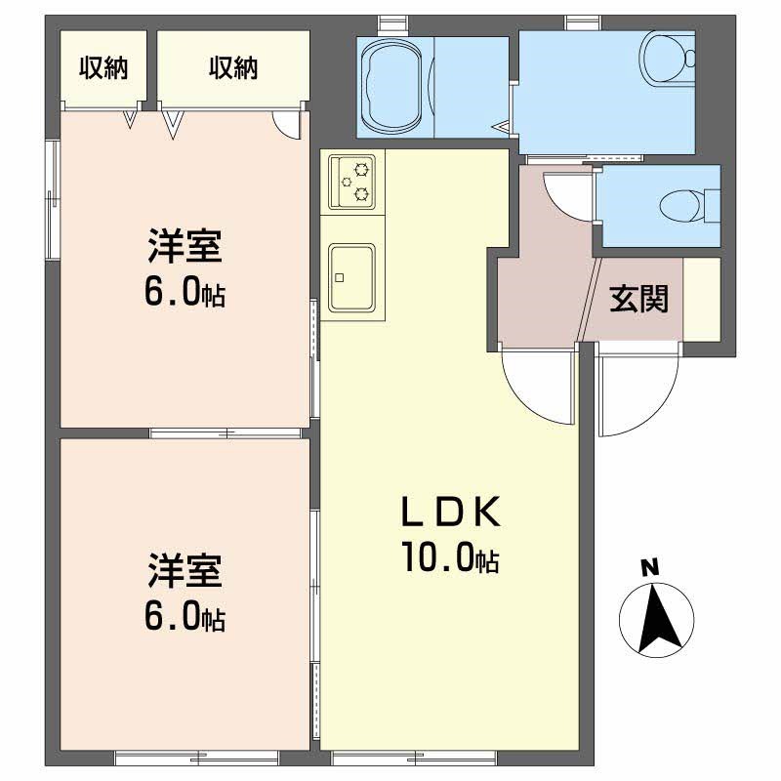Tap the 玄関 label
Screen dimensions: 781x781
639,299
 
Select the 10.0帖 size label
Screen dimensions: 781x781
449,557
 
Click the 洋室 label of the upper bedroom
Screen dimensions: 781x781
185,246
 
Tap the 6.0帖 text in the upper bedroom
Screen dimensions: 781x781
185,291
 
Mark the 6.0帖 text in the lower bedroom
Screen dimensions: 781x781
185,615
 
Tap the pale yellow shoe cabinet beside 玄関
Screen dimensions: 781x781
702,299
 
